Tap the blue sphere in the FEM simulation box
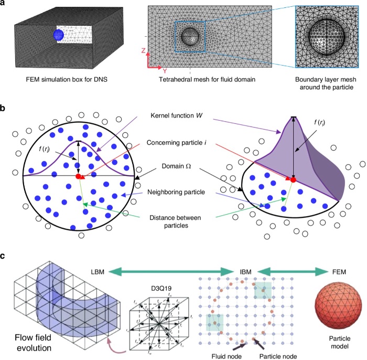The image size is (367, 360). (x=59, y=36)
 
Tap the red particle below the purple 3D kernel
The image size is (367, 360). (x=293, y=180)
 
